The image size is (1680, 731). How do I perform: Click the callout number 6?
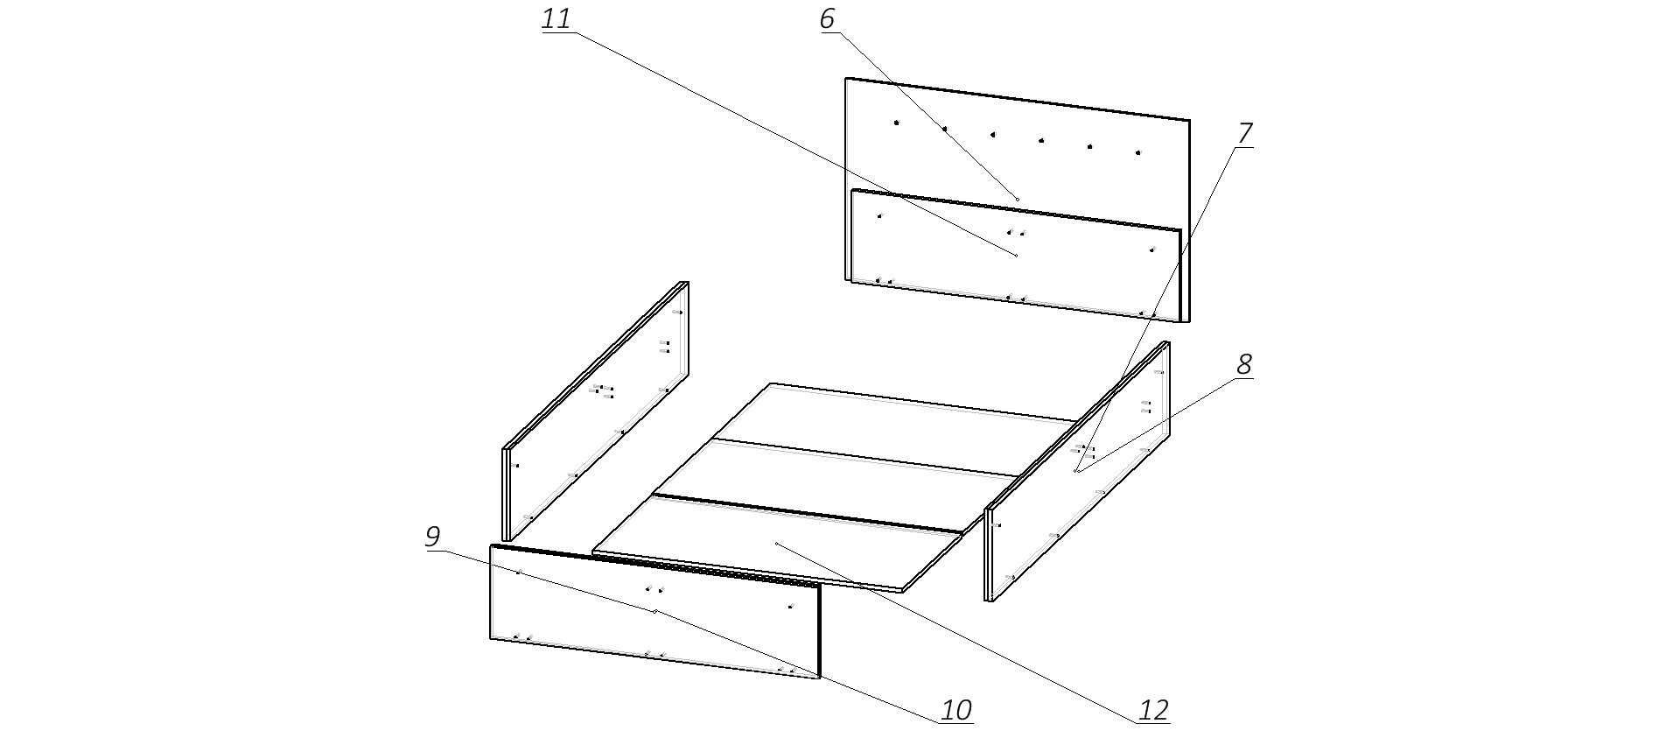(828, 20)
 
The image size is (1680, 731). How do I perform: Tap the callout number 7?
(1245, 134)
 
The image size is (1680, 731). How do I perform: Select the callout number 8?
(1244, 365)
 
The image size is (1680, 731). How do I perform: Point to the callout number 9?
(432, 537)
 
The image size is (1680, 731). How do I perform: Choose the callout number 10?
(956, 711)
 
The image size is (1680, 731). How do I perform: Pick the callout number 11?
(556, 20)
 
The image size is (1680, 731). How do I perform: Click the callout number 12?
(1154, 711)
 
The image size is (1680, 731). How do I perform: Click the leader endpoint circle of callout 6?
(1018, 200)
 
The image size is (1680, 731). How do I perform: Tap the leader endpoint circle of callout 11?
(1016, 255)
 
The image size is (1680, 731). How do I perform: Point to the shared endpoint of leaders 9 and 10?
(654, 611)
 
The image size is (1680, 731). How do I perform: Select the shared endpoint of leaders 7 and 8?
(1077, 472)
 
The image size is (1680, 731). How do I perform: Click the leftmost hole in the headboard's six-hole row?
(896, 123)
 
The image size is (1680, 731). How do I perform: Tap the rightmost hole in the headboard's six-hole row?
(1138, 152)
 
